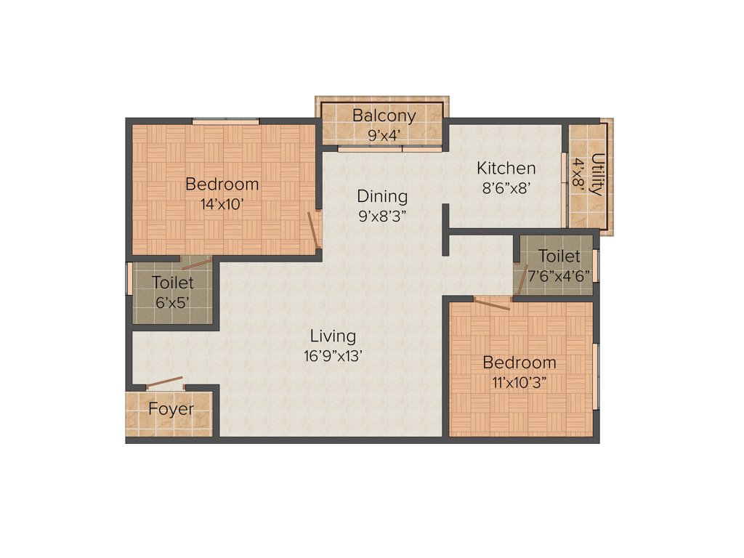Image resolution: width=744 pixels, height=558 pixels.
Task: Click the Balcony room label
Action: pyautogui.click(x=384, y=116)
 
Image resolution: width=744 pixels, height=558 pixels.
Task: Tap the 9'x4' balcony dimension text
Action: pyautogui.click(x=384, y=134)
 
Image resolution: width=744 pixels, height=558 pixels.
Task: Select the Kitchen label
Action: pyautogui.click(x=506, y=169)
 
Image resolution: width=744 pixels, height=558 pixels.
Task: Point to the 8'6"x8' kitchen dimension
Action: pyautogui.click(x=506, y=187)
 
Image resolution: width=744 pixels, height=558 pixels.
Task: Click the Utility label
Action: pyautogui.click(x=597, y=174)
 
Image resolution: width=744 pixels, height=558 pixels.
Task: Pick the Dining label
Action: pyautogui.click(x=382, y=196)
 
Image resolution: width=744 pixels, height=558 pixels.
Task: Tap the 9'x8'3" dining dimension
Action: pyautogui.click(x=382, y=215)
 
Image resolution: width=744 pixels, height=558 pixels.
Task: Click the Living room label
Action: pyautogui.click(x=333, y=336)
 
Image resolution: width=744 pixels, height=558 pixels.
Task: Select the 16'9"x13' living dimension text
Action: pyautogui.click(x=333, y=356)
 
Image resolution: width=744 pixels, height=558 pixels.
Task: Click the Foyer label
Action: pyautogui.click(x=171, y=409)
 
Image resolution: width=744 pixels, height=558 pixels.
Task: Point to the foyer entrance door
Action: pyautogui.click(x=165, y=383)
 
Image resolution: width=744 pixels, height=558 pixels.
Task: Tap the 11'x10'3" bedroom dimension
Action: pyautogui.click(x=519, y=381)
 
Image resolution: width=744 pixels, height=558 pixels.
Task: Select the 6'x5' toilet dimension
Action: pyautogui.click(x=173, y=302)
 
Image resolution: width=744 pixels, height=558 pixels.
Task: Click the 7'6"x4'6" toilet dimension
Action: pyautogui.click(x=559, y=275)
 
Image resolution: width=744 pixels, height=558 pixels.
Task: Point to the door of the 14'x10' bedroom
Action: pyautogui.click(x=313, y=230)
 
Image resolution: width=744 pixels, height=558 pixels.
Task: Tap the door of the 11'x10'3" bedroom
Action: pyautogui.click(x=492, y=303)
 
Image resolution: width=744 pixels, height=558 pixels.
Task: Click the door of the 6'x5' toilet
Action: pyautogui.click(x=198, y=262)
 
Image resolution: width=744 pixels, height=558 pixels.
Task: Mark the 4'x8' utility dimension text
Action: pyautogui.click(x=579, y=174)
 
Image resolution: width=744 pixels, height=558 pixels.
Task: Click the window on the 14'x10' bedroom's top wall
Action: pyautogui.click(x=225, y=121)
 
